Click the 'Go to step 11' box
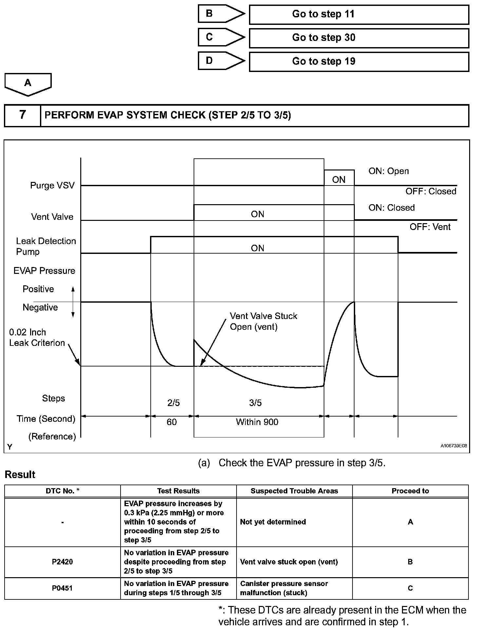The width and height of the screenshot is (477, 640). pyautogui.click(x=359, y=15)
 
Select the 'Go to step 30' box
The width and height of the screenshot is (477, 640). pyautogui.click(x=359, y=38)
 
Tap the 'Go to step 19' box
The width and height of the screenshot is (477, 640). pyautogui.click(x=359, y=62)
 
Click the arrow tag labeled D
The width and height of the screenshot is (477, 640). pyautogui.click(x=221, y=61)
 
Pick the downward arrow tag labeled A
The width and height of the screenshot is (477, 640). pyautogui.click(x=28, y=84)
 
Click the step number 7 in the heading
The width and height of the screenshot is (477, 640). pyautogui.click(x=22, y=115)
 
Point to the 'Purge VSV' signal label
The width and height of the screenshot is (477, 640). pyautogui.click(x=52, y=186)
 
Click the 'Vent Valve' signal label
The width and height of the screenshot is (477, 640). pyautogui.click(x=52, y=217)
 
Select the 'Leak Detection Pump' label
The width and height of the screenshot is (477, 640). pyautogui.click(x=46, y=246)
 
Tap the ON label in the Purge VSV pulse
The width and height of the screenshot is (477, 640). pyautogui.click(x=339, y=180)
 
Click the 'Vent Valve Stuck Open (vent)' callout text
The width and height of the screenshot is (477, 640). pyautogui.click(x=263, y=321)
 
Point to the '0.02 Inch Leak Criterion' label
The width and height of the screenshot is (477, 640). pyautogui.click(x=37, y=337)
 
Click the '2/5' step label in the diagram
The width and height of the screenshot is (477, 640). pyautogui.click(x=174, y=403)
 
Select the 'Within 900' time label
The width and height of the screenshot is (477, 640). pyautogui.click(x=257, y=422)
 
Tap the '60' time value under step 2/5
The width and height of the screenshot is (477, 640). pyautogui.click(x=172, y=422)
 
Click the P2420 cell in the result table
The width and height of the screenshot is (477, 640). pyautogui.click(x=62, y=562)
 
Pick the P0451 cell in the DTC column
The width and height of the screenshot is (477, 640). pyautogui.click(x=62, y=588)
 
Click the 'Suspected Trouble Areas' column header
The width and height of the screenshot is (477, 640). pyautogui.click(x=294, y=491)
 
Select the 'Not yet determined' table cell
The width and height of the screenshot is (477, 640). pyautogui.click(x=273, y=522)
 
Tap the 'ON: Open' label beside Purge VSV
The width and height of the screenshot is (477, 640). pyautogui.click(x=389, y=171)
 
